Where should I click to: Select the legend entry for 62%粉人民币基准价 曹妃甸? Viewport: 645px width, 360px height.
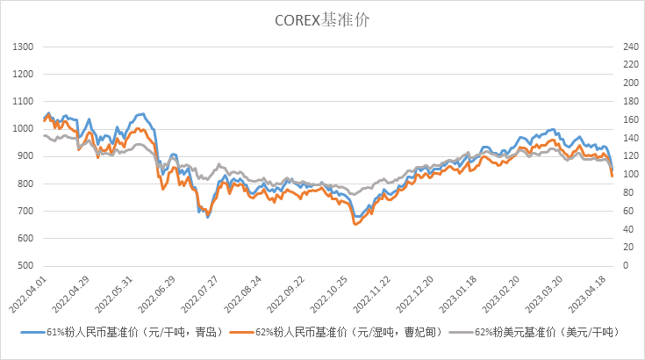click(x=347, y=332)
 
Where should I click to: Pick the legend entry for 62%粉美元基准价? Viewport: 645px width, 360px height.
click(x=540, y=332)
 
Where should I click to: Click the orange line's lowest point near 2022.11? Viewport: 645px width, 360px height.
click(x=355, y=226)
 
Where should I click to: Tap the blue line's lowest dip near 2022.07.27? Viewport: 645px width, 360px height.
click(x=208, y=216)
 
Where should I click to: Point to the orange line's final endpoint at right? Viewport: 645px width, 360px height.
click(x=613, y=176)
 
